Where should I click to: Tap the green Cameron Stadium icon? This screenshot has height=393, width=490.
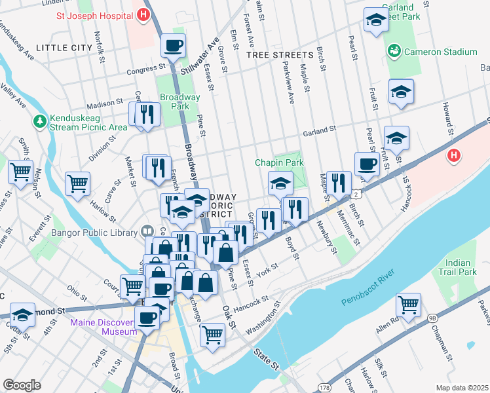[394, 51]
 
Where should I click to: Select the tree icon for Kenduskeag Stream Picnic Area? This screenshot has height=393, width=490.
[41, 121]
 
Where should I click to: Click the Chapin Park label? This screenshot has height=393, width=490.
[279, 162]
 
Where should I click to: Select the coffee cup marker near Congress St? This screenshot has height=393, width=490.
[174, 47]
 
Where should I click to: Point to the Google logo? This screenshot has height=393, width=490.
[22, 384]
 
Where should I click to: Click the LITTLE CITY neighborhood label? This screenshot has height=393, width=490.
[64, 48]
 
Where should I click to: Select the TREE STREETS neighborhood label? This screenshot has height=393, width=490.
[280, 56]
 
